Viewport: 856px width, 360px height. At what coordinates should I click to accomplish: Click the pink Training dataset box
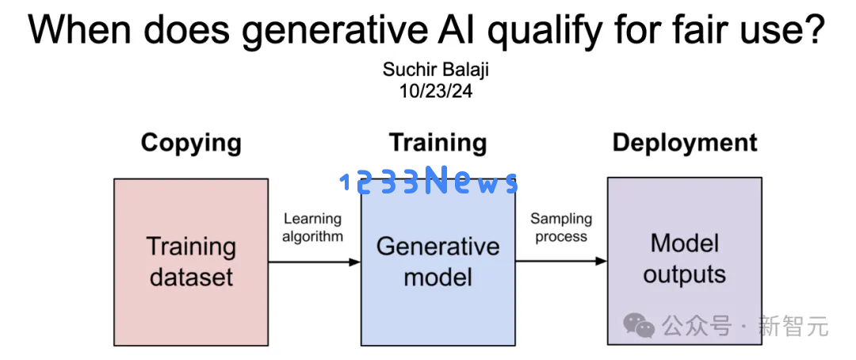coord(191,262)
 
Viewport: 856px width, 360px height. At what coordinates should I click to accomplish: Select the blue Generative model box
coord(438,262)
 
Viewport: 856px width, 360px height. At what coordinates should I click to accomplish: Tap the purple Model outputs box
coord(685,261)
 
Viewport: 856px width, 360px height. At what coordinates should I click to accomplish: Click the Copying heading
coord(191,144)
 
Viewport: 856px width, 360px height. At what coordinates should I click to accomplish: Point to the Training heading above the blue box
coord(438,143)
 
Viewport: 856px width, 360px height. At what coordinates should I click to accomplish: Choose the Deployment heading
coord(685,143)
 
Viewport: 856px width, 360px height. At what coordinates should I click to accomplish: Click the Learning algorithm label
coord(313,228)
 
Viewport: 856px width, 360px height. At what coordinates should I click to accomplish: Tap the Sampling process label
coord(561,228)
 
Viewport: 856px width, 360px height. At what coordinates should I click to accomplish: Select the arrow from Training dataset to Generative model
coord(315,262)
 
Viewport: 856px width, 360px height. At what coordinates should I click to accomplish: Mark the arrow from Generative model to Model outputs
coord(561,261)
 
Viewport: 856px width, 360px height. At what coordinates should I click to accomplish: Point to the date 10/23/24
coord(436,90)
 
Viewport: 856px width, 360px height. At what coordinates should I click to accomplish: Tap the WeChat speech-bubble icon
coord(640,325)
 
